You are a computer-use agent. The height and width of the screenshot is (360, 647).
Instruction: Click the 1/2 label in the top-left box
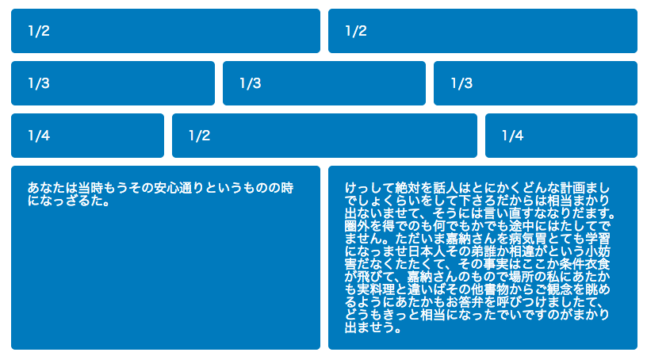click(39, 31)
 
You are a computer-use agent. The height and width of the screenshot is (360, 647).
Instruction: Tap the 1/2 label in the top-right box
click(356, 31)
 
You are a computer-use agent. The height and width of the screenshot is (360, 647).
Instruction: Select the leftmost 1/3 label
click(39, 83)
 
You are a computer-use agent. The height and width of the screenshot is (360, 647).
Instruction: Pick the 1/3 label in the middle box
click(251, 83)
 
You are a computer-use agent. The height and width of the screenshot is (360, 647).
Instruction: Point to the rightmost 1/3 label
click(461, 83)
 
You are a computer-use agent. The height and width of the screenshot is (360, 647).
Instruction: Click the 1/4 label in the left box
click(39, 136)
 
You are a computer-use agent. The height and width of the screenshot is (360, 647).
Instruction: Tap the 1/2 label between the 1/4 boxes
click(200, 136)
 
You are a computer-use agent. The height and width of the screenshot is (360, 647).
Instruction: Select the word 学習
click(598, 239)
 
